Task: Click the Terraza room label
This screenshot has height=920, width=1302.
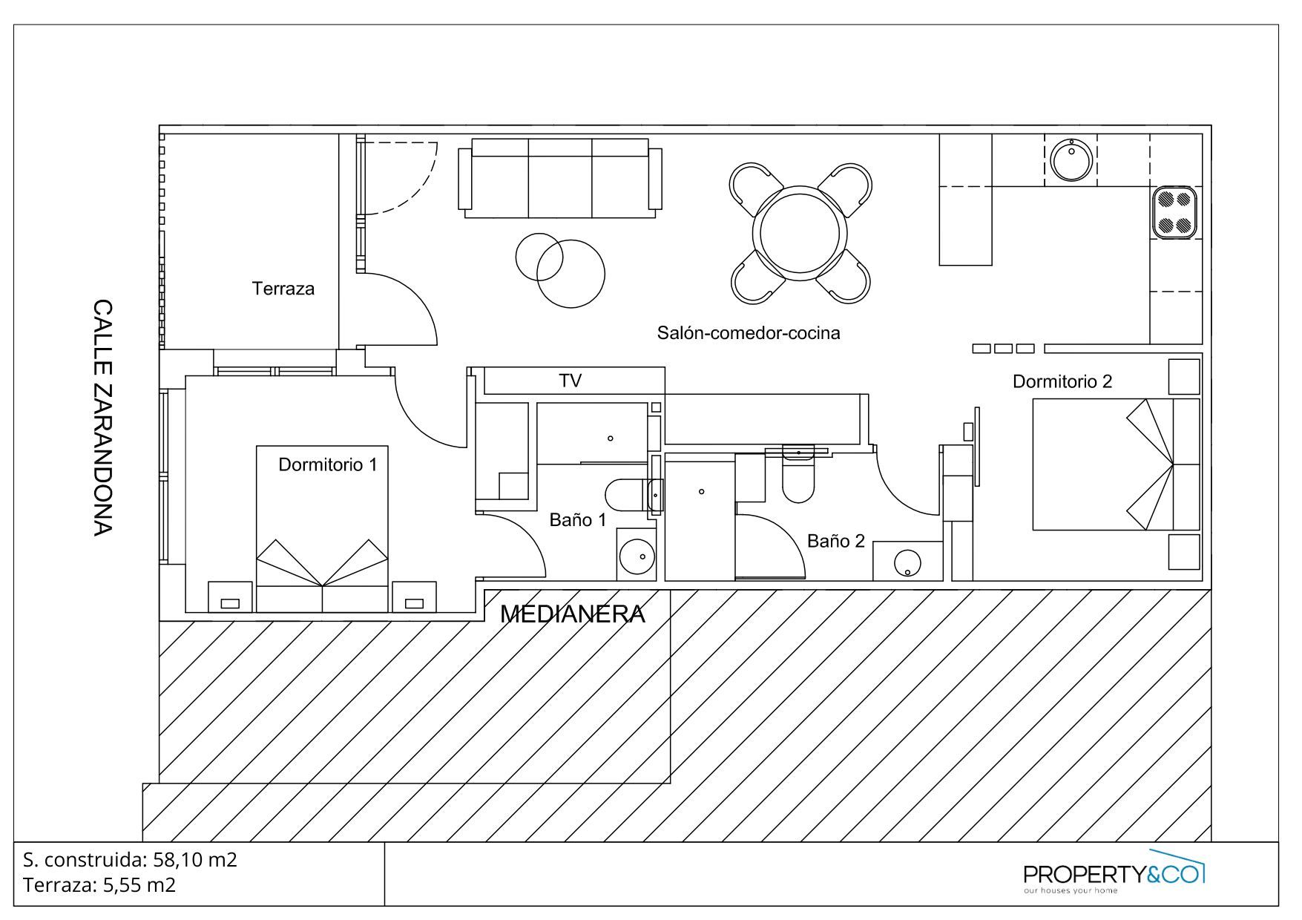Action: point(283,289)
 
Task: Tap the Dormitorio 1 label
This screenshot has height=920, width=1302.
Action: point(327,464)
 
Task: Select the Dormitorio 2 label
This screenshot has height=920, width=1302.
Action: point(1062,381)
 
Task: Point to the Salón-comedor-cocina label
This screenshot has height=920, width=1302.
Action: point(749,332)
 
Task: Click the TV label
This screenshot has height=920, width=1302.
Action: point(570,381)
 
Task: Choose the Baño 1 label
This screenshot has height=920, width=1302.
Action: point(578,519)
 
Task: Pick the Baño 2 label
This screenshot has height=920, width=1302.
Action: point(836,541)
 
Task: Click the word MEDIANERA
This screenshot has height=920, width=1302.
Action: point(573,614)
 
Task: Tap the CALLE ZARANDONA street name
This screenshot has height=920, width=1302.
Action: point(102,417)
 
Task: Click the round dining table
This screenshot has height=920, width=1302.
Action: point(800,232)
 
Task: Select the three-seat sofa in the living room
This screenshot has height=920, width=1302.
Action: point(560,178)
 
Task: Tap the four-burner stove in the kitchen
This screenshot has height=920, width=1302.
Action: point(1175,212)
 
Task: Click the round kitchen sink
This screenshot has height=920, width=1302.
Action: point(1071,159)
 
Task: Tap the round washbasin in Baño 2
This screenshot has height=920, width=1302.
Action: point(907,562)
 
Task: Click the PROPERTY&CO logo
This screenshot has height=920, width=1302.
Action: point(1114,873)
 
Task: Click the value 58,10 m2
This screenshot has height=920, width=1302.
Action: point(195,860)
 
